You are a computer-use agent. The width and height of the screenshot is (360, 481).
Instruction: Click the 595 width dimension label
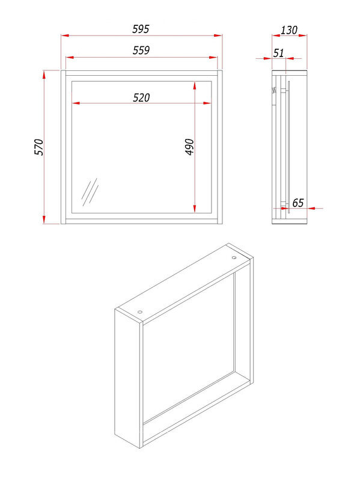pos(141,29)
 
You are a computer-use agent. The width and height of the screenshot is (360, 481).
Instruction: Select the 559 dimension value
pos(141,51)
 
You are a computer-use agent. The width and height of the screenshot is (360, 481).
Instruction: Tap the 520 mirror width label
pos(141,97)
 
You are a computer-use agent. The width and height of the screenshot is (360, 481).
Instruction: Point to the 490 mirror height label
pos(190,147)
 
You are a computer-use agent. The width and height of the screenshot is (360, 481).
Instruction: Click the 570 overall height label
pos(39,147)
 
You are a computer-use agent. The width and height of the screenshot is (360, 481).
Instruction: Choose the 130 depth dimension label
pos(289,30)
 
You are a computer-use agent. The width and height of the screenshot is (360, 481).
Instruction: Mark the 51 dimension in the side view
pos(278,53)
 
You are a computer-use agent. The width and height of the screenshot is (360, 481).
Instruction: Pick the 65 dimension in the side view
pos(297,203)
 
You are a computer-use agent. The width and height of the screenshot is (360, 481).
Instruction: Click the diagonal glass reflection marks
pos(90,192)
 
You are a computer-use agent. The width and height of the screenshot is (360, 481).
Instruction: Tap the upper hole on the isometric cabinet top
pos(234,258)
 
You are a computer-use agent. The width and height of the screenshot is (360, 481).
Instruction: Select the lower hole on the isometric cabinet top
pos(140,312)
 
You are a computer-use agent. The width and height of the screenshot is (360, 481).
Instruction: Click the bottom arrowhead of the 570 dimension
pos(44,219)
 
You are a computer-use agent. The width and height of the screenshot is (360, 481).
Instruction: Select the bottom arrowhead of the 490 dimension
pos(195,209)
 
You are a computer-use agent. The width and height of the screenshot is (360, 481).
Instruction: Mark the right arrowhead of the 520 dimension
pos(207,103)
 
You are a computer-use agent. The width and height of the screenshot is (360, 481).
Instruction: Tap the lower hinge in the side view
pos(284,204)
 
